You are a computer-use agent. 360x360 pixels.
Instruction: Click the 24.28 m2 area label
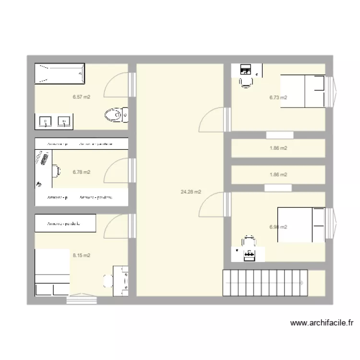coord(191,192)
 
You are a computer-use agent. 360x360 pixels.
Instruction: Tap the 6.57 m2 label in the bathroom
coord(82,97)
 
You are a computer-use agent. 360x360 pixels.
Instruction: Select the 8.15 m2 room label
coord(82,255)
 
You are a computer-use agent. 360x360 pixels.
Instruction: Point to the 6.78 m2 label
coord(82,172)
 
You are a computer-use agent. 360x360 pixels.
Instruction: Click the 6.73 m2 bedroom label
coord(278,97)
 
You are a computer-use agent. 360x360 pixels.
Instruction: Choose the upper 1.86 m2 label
coord(278,148)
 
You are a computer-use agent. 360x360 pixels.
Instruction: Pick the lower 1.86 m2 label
coord(278,175)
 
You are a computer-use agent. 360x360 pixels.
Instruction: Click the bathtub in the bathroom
coord(60,73)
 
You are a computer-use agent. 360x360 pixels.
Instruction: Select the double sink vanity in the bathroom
coord(54,121)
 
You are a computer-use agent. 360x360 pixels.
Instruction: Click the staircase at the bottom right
coord(264,283)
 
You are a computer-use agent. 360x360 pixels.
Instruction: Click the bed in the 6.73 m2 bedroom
coord(303,91)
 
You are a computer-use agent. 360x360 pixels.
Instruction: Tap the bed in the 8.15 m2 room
coord(52,272)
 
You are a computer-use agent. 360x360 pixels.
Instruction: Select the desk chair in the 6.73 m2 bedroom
coord(246,82)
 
